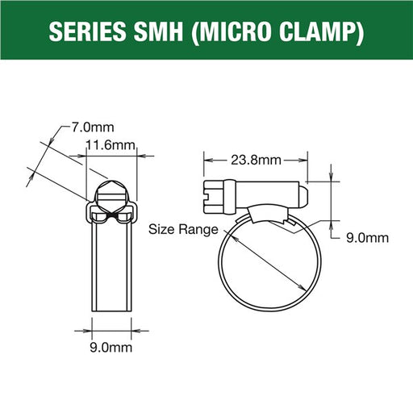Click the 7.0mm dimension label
[93, 127]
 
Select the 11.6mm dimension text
[111, 145]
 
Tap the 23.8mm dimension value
[256, 161]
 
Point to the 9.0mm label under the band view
[111, 348]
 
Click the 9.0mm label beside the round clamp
[367, 238]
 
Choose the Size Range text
[183, 230]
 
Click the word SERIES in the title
[87, 31]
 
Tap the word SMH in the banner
[159, 31]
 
